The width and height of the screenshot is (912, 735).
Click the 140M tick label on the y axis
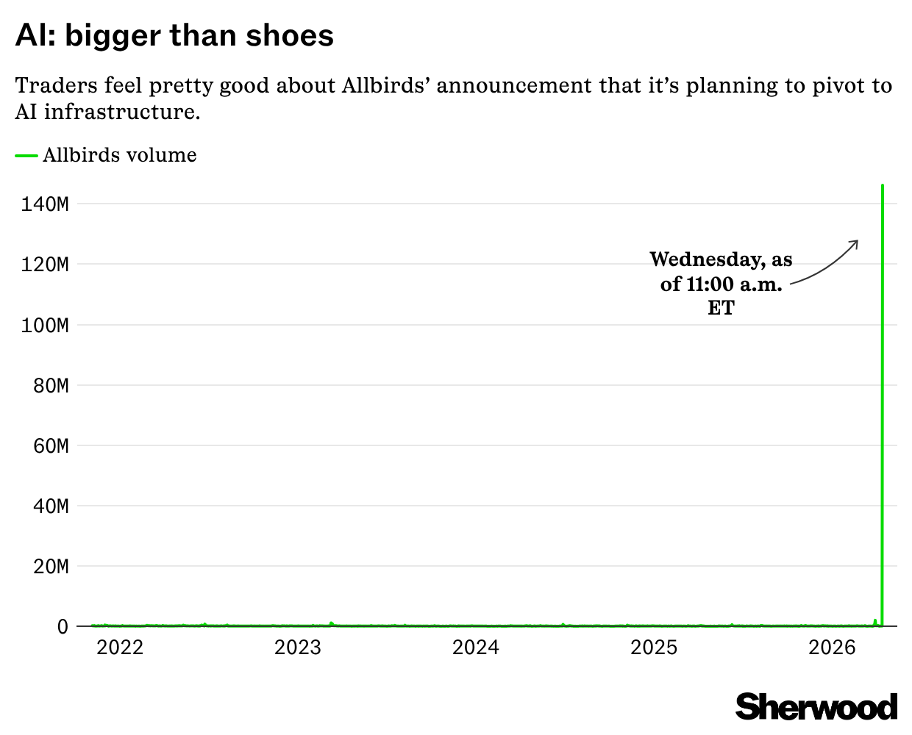pyautogui.click(x=45, y=204)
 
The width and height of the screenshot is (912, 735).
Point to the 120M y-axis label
pyautogui.click(x=45, y=264)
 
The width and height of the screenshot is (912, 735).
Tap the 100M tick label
pyautogui.click(x=45, y=325)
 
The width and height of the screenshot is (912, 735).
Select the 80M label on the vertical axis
pyautogui.click(x=51, y=385)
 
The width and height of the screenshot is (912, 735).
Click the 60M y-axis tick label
pyautogui.click(x=51, y=445)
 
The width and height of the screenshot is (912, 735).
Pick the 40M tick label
pyautogui.click(x=51, y=506)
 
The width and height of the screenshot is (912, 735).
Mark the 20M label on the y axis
pyautogui.click(x=51, y=567)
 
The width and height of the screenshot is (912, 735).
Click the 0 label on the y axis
pyautogui.click(x=63, y=627)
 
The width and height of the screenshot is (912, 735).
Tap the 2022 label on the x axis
pyautogui.click(x=120, y=648)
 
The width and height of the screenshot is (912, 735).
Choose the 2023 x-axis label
pyautogui.click(x=298, y=648)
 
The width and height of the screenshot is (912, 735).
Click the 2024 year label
pyautogui.click(x=476, y=648)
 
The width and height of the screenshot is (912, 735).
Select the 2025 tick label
pyautogui.click(x=655, y=648)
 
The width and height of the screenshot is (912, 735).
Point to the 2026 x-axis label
pyautogui.click(x=833, y=648)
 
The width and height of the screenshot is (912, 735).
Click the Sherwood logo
pyautogui.click(x=816, y=706)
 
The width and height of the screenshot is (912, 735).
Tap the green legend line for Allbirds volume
pyautogui.click(x=26, y=155)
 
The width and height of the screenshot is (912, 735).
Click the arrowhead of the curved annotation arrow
pyautogui.click(x=857, y=242)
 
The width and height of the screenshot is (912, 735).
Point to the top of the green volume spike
pyautogui.click(x=883, y=186)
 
